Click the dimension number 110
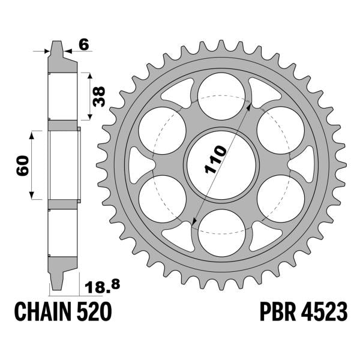(x=215, y=159)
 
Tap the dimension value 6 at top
(x=84, y=44)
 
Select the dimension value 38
(x=99, y=97)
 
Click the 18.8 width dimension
(x=103, y=286)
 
